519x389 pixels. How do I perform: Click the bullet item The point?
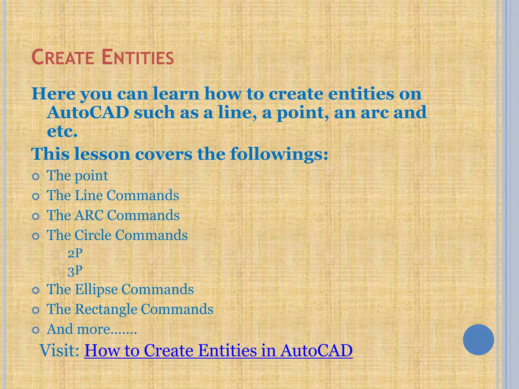click(77, 176)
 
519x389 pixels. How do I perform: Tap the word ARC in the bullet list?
click(89, 215)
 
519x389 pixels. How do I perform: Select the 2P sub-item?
click(75, 253)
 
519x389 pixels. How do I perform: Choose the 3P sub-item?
click(75, 271)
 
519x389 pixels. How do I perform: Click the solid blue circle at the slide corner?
click(478, 340)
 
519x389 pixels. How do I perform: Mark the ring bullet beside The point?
click(36, 177)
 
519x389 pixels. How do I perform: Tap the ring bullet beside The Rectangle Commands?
click(36, 310)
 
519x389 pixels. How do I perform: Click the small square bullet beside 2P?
click(56, 254)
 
